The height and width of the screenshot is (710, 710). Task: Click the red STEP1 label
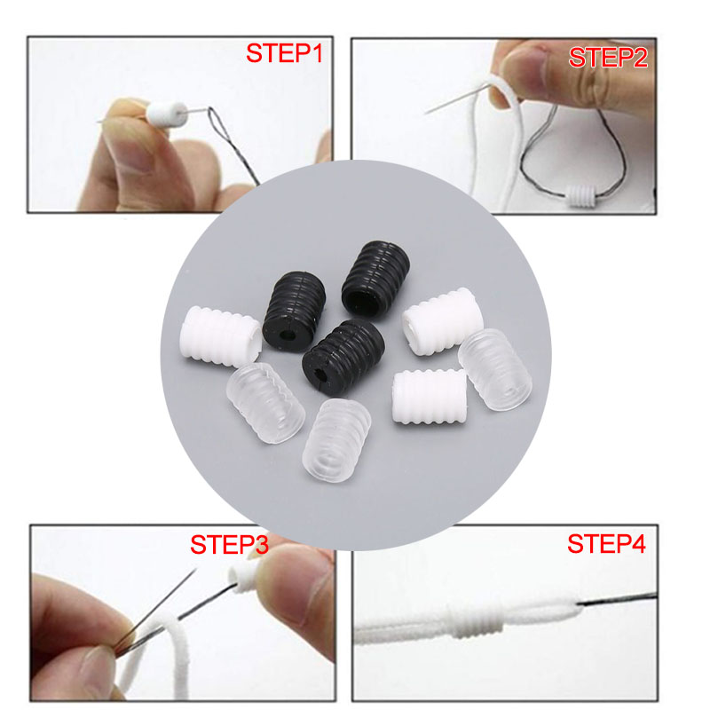(x=284, y=53)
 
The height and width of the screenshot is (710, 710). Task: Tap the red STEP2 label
(x=608, y=58)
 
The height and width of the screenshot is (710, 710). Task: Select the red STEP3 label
(x=229, y=544)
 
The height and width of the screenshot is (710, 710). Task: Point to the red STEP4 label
(x=606, y=543)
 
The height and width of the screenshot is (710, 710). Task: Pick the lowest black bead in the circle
(x=343, y=357)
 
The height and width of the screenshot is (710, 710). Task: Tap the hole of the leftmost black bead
(x=286, y=336)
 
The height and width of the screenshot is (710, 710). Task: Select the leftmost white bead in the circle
(x=220, y=336)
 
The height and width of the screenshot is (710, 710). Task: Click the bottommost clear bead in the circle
(x=336, y=439)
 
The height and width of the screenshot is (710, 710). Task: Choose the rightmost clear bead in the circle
(x=494, y=369)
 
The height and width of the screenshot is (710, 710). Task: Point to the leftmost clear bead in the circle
(x=265, y=403)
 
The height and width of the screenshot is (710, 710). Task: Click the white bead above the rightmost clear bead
(x=442, y=321)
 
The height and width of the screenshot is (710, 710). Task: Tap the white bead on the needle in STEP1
(x=166, y=114)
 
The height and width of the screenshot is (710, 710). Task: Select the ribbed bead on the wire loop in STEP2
(x=582, y=196)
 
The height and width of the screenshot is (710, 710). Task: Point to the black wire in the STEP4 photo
(x=617, y=599)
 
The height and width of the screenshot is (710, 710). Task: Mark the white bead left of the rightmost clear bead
(x=430, y=397)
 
